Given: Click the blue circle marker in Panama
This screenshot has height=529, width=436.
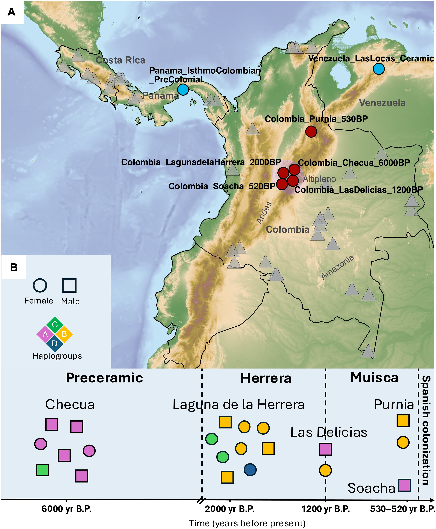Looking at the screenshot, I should pos(183,89).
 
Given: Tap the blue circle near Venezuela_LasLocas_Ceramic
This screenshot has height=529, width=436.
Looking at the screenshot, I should pos(378,69).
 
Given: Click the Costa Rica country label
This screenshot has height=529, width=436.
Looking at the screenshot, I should pos(120,60).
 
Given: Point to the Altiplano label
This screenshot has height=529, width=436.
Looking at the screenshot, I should pos(319,179).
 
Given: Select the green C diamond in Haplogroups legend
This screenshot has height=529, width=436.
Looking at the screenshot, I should pos(55,325).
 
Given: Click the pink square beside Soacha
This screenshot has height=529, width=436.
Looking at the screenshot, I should pos(404,485).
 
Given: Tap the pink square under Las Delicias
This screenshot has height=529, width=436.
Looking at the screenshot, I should pos(325,449).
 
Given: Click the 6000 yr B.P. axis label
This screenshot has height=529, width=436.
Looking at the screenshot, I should pos(66,509).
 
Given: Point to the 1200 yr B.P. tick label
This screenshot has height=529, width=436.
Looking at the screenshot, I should pos(326,509).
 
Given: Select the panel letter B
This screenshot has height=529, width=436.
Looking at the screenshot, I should pos(14,267).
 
